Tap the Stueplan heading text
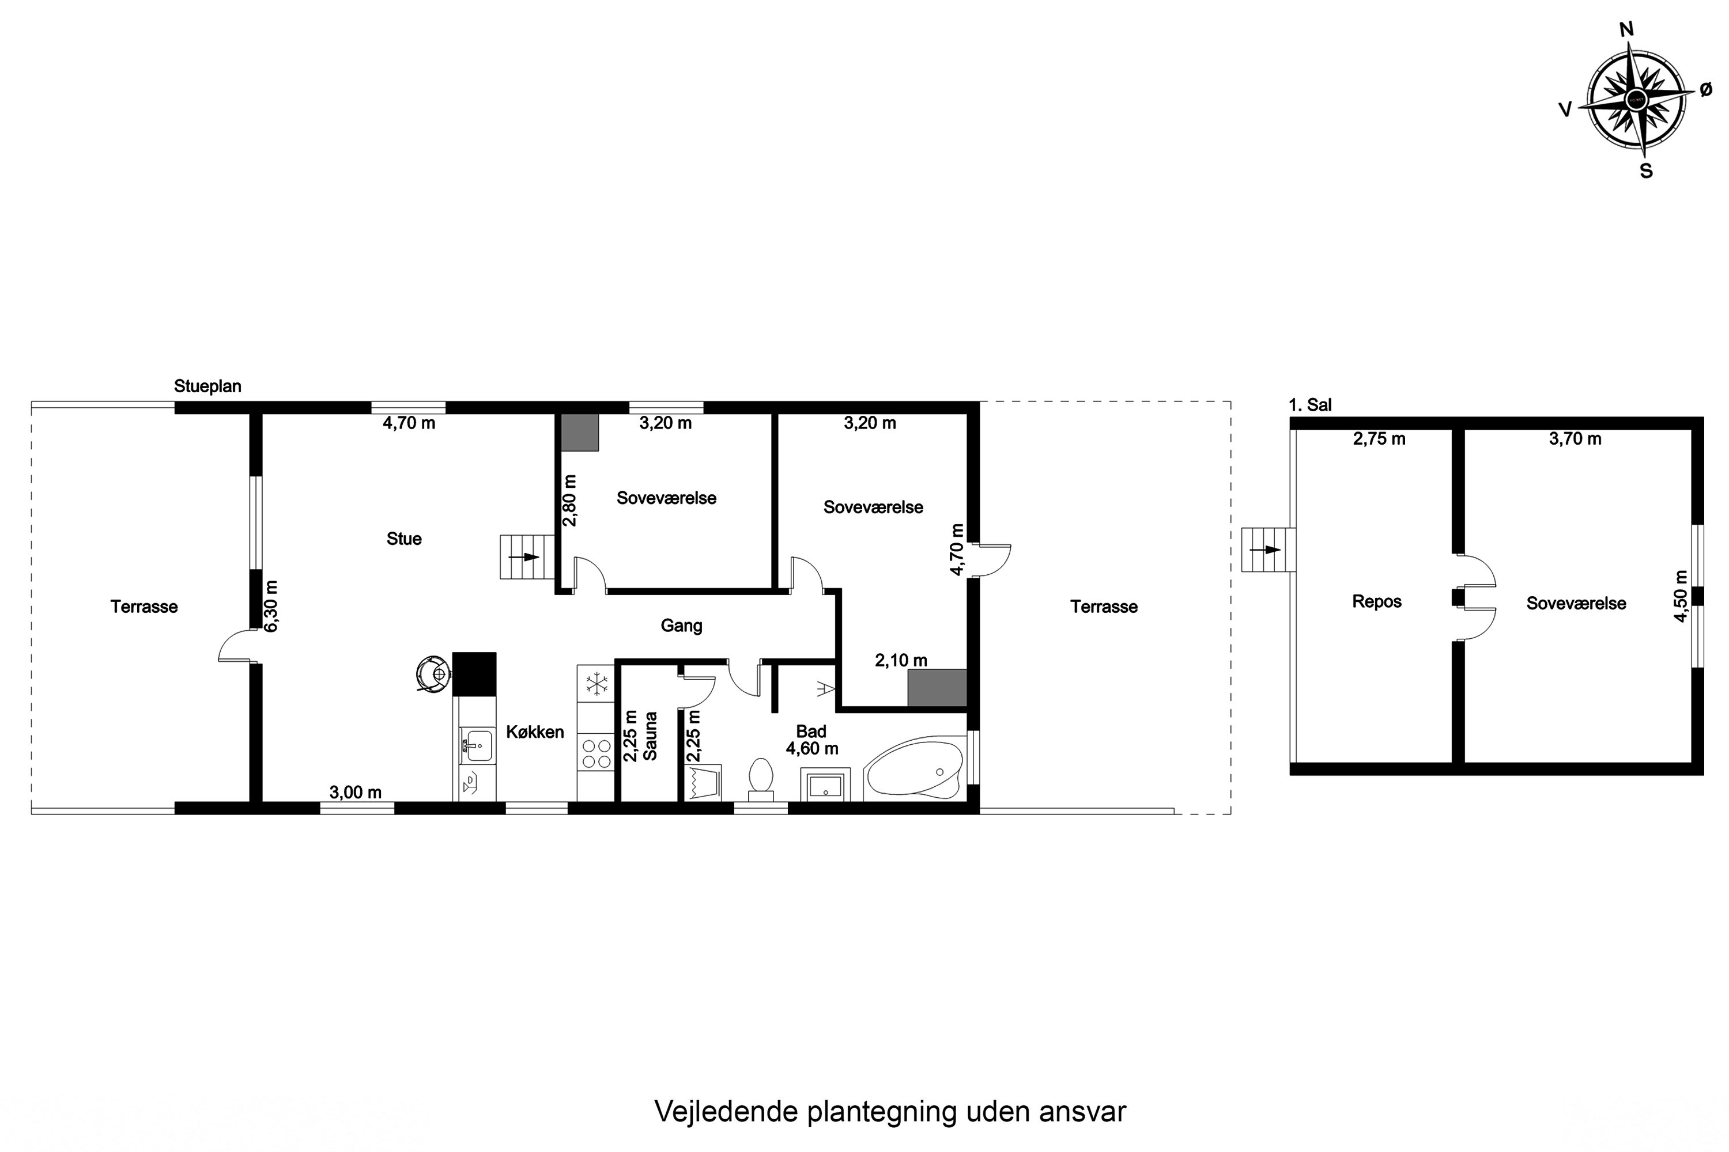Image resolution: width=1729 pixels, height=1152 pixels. point(207,386)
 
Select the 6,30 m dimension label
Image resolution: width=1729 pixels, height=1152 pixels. point(271,606)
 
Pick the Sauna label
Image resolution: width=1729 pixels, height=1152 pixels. point(650,736)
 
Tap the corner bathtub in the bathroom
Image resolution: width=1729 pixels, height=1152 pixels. point(913,768)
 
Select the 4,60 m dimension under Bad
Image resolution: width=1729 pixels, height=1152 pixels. point(811,749)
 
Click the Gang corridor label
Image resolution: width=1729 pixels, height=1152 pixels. point(681,626)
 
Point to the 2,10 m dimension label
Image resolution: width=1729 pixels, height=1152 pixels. point(900,661)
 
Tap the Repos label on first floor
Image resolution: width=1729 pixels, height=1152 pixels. point(1376,602)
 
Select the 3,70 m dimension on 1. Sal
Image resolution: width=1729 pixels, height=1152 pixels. point(1575,438)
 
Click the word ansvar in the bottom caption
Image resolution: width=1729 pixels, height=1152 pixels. point(1082,1112)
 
